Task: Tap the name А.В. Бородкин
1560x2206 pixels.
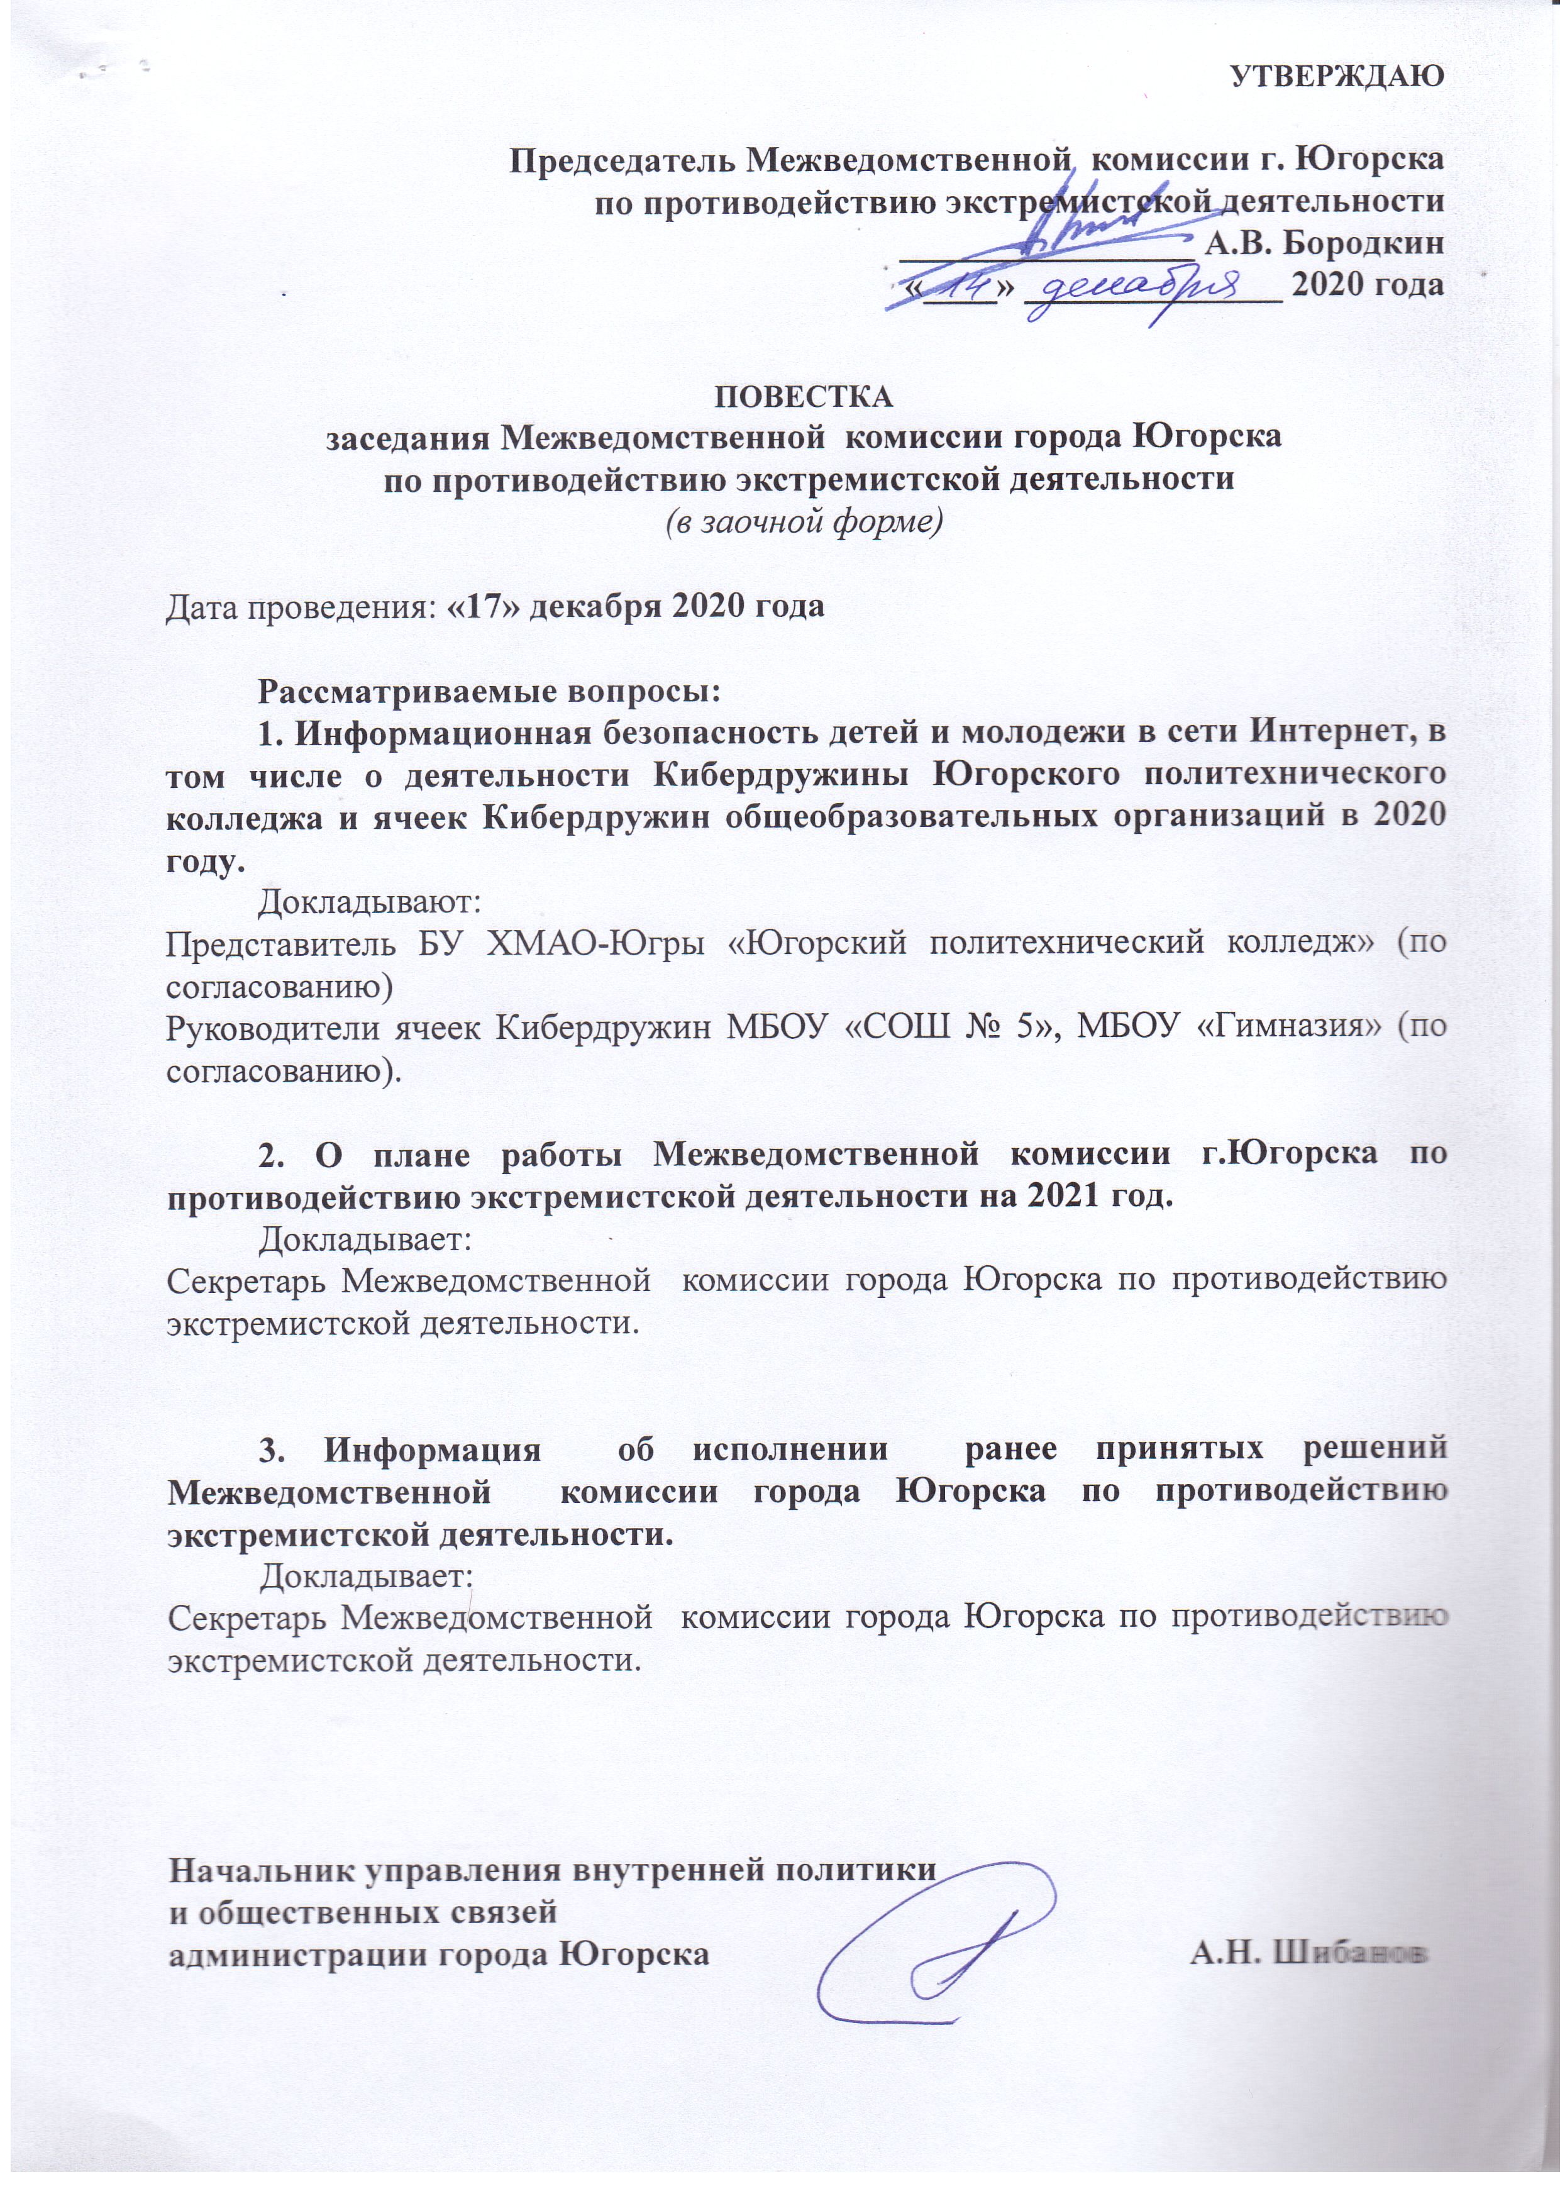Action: coord(1324,242)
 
